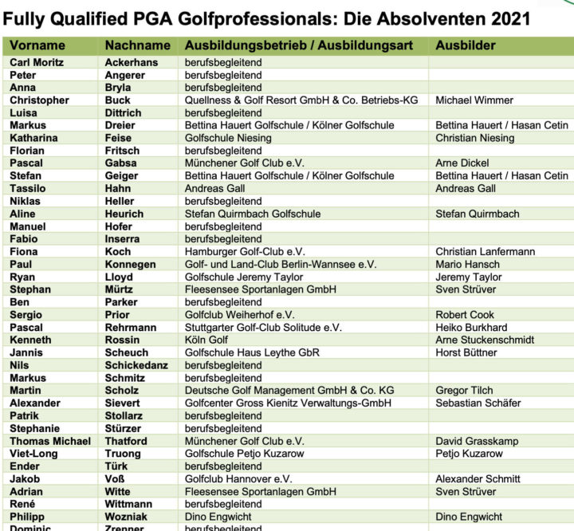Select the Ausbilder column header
(x=466, y=45)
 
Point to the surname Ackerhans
(x=132, y=62)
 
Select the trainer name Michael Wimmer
(x=474, y=100)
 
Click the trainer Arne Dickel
(x=462, y=163)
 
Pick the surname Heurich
(x=124, y=214)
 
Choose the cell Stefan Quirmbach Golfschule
(x=253, y=214)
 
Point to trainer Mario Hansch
(x=468, y=264)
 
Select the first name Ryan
(x=22, y=277)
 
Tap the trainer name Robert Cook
(x=465, y=315)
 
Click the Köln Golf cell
(x=206, y=340)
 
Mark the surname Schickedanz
(x=138, y=365)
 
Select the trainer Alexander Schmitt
(x=478, y=479)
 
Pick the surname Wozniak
(x=128, y=517)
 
